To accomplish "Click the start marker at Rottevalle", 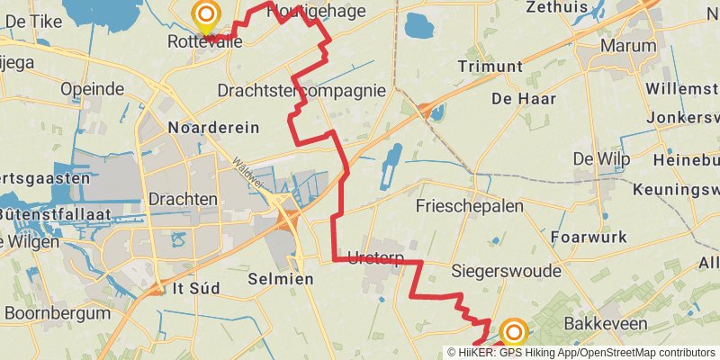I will (206, 13).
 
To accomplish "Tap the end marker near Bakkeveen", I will (514, 333).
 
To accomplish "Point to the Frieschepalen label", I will (470, 206).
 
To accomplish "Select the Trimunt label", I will (490, 67).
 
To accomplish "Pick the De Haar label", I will (524, 98).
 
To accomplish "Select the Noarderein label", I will (213, 128).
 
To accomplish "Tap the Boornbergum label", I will (57, 313).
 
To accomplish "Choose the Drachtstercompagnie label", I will (301, 90).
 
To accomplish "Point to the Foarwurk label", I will (588, 238).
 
